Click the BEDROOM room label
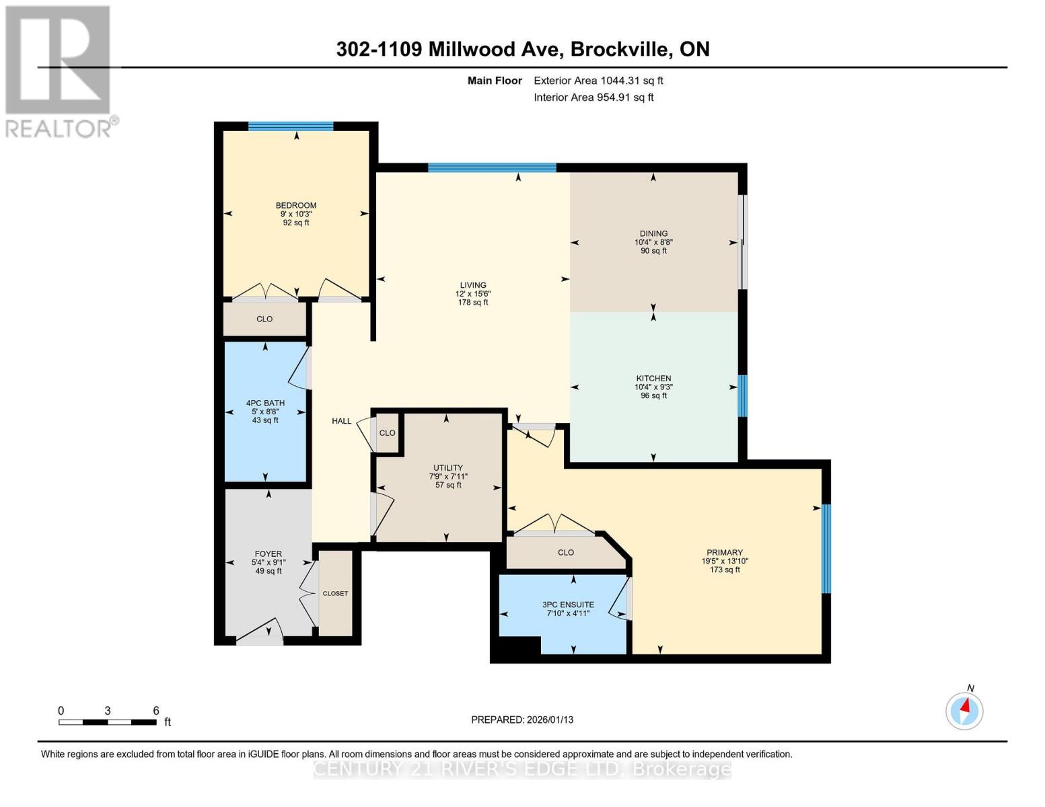pyautogui.click(x=296, y=205)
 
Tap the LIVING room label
pyautogui.click(x=473, y=285)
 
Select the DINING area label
pyautogui.click(x=653, y=233)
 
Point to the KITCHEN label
pyautogui.click(x=653, y=378)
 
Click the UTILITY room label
pyautogui.click(x=447, y=467)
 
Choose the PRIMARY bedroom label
pyautogui.click(x=725, y=552)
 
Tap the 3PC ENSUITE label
pyautogui.click(x=568, y=605)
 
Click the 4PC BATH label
pyautogui.click(x=266, y=403)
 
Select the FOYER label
pyautogui.click(x=268, y=553)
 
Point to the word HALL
pyautogui.click(x=341, y=421)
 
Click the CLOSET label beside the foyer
pyautogui.click(x=335, y=594)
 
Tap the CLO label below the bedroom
pyautogui.click(x=264, y=319)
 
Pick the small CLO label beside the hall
pyautogui.click(x=387, y=433)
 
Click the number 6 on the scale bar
pyautogui.click(x=156, y=710)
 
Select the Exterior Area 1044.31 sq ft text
pyautogui.click(x=598, y=81)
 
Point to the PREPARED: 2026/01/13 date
pyautogui.click(x=522, y=720)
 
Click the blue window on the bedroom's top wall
pyautogui.click(x=291, y=126)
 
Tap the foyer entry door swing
pyautogui.click(x=260, y=631)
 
